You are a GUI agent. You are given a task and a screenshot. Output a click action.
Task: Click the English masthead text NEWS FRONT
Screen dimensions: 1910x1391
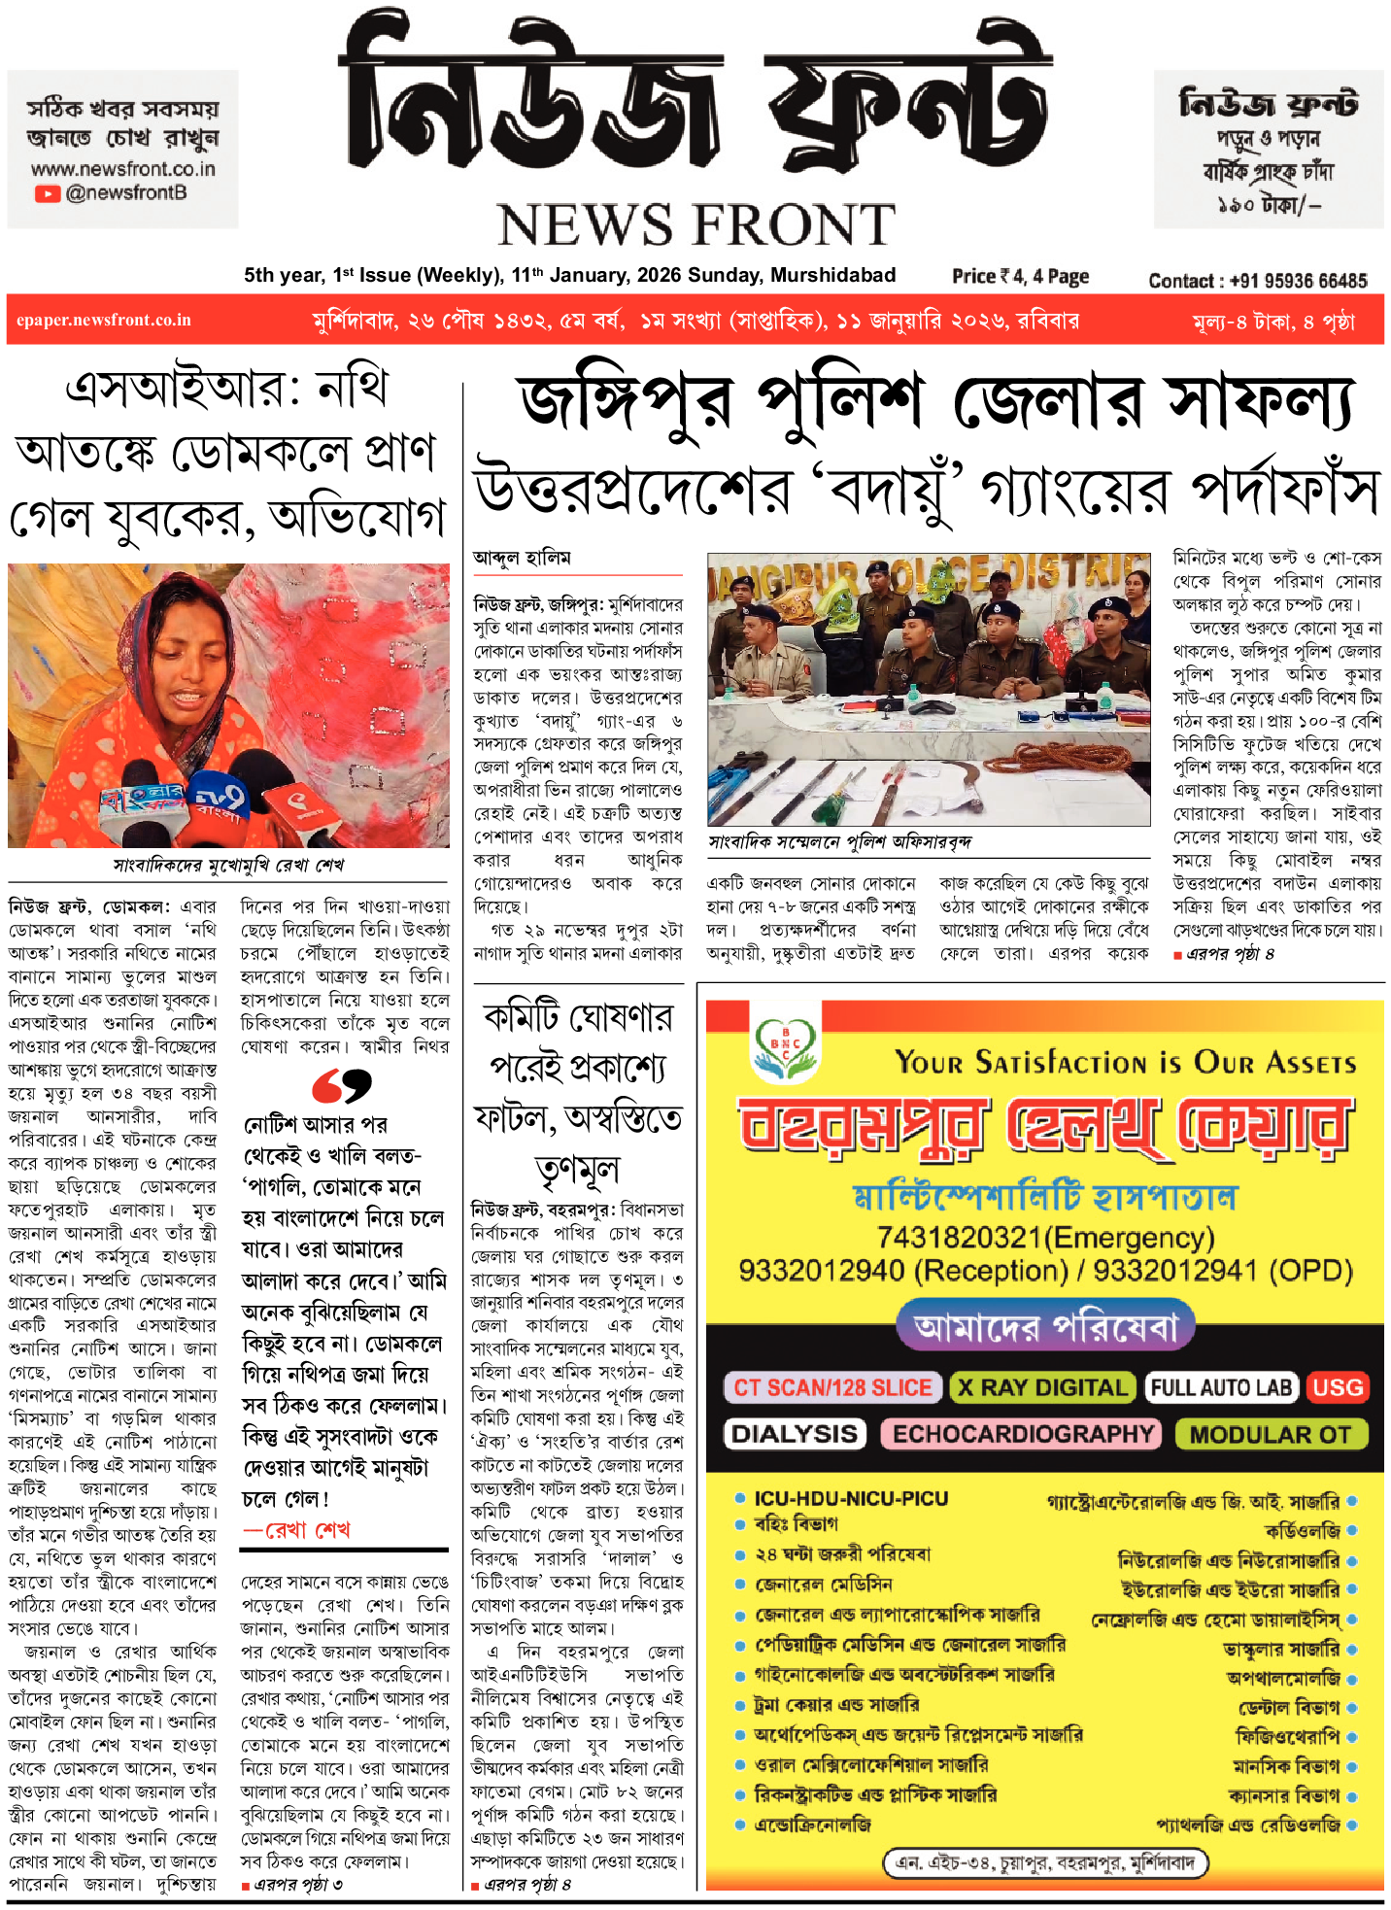(x=695, y=225)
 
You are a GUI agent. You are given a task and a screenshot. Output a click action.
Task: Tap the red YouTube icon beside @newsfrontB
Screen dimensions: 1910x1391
(x=47, y=193)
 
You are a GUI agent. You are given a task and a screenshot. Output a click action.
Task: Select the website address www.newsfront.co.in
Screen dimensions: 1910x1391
(x=123, y=169)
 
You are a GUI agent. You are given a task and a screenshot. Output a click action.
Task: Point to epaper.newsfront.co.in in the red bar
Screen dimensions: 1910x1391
(x=104, y=321)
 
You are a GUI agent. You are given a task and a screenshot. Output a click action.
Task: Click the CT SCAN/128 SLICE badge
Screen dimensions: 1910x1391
(x=832, y=1387)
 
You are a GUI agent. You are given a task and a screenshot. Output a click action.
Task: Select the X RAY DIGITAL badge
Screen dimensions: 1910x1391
(x=1042, y=1387)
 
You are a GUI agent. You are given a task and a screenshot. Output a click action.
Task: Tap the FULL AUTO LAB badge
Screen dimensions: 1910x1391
(x=1221, y=1387)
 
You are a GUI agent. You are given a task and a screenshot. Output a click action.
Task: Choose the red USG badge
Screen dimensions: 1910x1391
(x=1338, y=1387)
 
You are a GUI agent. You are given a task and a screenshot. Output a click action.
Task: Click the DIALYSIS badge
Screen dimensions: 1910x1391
(x=794, y=1434)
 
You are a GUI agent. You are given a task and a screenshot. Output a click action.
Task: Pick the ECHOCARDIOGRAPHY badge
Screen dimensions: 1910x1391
(x=1023, y=1434)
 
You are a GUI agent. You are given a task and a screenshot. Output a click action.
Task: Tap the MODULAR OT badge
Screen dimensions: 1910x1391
(x=1270, y=1434)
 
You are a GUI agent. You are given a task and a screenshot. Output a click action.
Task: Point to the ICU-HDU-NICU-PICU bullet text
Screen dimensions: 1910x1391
(x=851, y=1498)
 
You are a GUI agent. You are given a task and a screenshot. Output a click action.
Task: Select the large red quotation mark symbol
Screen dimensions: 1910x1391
(x=342, y=1085)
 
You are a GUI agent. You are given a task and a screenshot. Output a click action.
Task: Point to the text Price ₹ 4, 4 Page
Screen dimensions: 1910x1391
(x=1020, y=277)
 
